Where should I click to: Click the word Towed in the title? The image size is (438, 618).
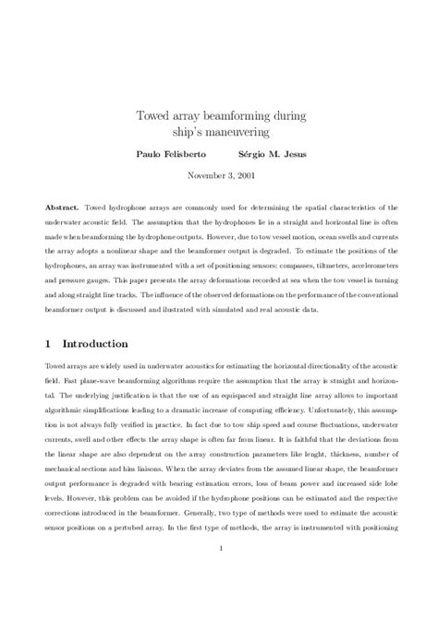coord(153,115)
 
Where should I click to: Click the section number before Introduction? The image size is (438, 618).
coord(48,343)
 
